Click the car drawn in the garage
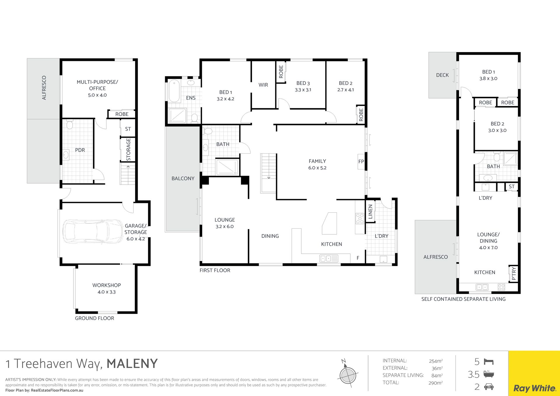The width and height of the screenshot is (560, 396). tap(93, 231)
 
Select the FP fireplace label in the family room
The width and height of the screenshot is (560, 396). tap(361, 162)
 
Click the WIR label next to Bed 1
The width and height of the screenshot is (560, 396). tap(263, 85)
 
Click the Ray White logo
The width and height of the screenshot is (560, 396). tap(534, 388)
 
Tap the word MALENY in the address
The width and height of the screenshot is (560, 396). tap(132, 364)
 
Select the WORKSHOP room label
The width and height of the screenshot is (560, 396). tap(106, 285)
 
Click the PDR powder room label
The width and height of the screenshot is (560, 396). tap(80, 150)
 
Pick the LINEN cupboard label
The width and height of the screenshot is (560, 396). tap(370, 211)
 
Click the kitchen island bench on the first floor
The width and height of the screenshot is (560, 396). tap(330, 223)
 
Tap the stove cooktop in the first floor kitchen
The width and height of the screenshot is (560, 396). tap(360, 218)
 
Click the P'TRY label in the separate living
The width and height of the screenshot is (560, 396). tap(514, 274)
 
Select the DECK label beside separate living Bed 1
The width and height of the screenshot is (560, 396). tap(442, 75)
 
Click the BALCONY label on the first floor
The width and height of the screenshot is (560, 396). tap(183, 178)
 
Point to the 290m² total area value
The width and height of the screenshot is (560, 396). tap(435, 383)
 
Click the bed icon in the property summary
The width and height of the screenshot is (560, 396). tap(489, 362)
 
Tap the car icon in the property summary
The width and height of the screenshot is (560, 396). tap(489, 387)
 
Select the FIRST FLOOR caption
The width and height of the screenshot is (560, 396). tap(215, 271)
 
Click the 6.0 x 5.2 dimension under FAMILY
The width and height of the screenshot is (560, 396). tap(317, 168)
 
